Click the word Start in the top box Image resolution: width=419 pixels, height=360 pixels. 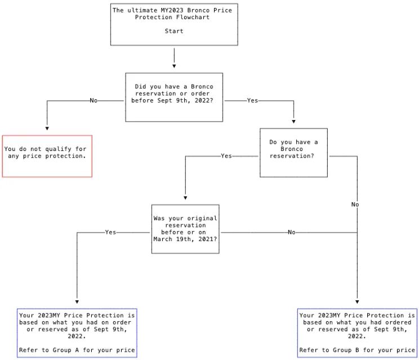tap(174, 31)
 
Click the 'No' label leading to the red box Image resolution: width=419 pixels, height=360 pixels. tap(93, 100)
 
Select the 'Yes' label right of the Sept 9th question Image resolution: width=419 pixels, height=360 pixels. tap(252, 100)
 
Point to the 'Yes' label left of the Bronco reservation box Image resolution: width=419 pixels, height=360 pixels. tap(226, 156)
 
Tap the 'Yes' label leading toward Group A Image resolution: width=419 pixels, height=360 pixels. tap(110, 232)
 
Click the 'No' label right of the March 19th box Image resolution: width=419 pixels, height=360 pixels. tap(292, 232)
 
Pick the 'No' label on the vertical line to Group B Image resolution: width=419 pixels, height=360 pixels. tap(355, 205)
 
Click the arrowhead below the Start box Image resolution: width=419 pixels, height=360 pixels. tap(174, 66)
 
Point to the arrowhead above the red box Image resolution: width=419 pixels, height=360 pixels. tap(47, 128)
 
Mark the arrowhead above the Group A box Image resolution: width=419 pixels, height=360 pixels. tap(77, 302)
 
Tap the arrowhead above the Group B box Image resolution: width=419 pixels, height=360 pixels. tap(357, 302)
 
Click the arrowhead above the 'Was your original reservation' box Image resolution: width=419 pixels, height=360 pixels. tap(185, 198)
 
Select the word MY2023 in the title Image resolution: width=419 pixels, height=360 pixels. tap(172, 10)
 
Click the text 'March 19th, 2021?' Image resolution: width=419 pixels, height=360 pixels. tap(185, 239)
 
